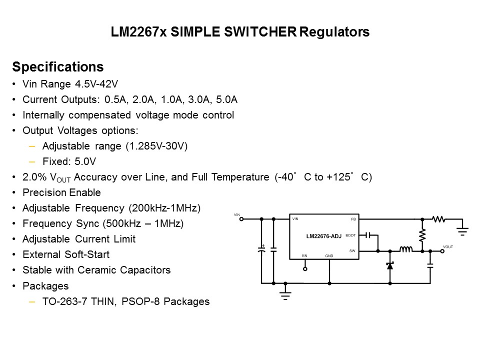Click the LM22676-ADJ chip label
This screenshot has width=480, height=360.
click(323, 236)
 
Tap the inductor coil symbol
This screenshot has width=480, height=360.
click(405, 250)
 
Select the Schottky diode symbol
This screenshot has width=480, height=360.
click(390, 265)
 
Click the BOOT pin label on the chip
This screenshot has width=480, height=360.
click(350, 235)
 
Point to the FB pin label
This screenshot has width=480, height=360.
click(353, 219)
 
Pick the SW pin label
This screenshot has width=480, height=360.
click(352, 250)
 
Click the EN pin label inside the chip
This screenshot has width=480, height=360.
click(304, 255)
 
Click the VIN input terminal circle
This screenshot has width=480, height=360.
click(241, 219)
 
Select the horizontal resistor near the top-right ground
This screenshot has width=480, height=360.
click(439, 219)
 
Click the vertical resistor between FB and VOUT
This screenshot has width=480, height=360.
click(422, 234)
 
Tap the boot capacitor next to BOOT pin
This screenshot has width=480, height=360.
click(369, 235)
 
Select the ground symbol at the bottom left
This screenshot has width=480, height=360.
click(285, 293)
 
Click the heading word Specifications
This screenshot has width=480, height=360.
click(57, 67)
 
